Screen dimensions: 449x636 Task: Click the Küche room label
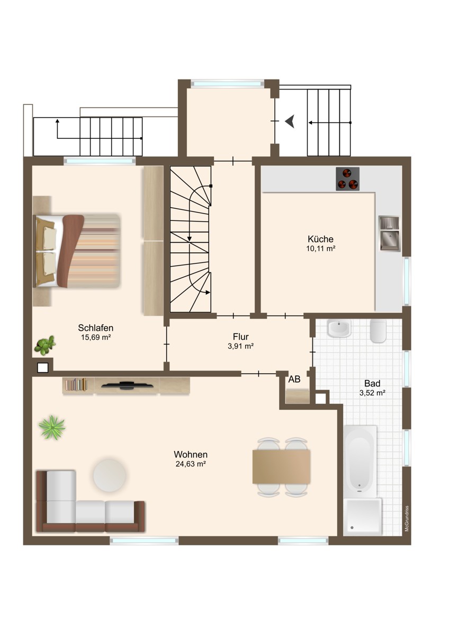[320, 239]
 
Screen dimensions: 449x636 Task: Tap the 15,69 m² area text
[96, 337]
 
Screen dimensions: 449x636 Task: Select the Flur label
[240, 337]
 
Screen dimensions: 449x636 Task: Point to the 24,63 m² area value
[190, 464]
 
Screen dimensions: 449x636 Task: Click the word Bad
[372, 384]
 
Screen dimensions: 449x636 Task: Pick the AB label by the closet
[294, 379]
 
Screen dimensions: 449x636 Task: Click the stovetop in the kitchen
[347, 179]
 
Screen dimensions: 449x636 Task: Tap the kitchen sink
[390, 234]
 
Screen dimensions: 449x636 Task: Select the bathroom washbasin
[339, 329]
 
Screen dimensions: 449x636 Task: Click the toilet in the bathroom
[378, 331]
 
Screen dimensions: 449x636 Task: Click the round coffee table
[110, 475]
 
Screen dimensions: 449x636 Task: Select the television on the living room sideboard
[128, 385]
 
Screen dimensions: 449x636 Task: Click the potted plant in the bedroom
[44, 345]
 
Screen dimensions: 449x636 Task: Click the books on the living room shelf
[76, 384]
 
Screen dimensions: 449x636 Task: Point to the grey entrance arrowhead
[290, 121]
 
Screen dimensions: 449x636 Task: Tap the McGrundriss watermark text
[406, 518]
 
